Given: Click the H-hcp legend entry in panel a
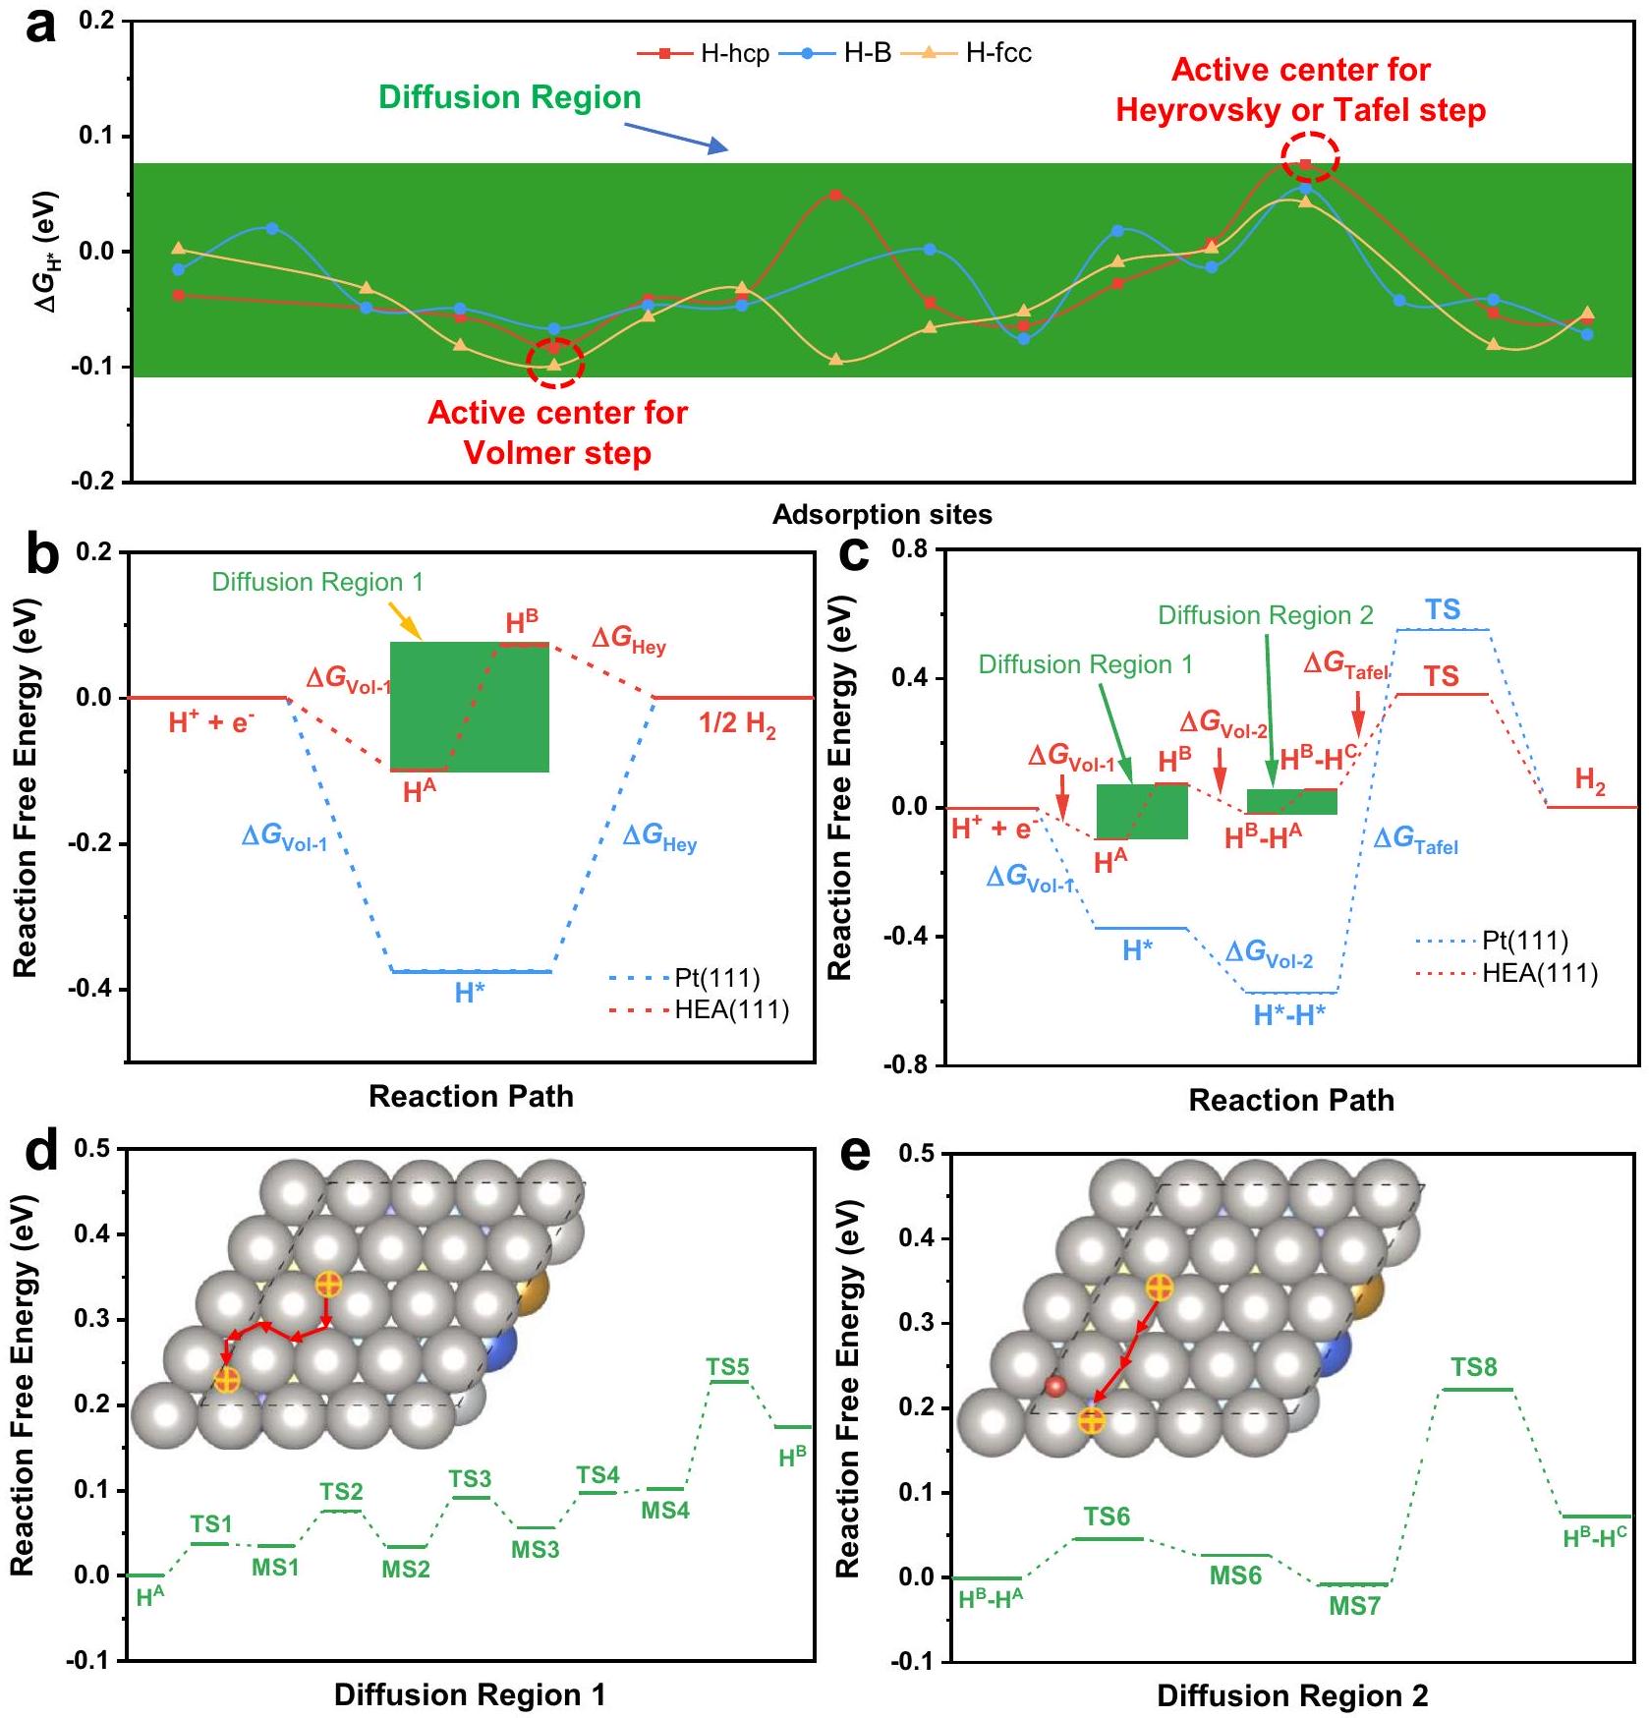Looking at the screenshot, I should click(703, 53).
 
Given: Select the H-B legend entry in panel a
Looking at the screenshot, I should click(835, 53).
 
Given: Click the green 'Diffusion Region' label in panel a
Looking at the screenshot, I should click(509, 97).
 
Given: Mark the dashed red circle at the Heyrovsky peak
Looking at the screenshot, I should click(1309, 157).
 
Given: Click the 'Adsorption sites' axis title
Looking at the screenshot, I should click(881, 514).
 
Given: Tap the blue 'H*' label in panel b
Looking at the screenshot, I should click(469, 993).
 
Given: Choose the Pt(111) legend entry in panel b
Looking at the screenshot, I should click(688, 979).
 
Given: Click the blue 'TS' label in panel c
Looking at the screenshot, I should click(1443, 609).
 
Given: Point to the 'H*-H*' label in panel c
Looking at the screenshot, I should click(1289, 1015).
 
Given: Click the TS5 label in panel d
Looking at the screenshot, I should click(727, 1367).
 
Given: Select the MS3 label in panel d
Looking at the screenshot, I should click(535, 1550).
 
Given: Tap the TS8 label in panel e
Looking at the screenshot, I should click(1473, 1367).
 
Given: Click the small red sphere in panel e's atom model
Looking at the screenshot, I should click(1055, 1387).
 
